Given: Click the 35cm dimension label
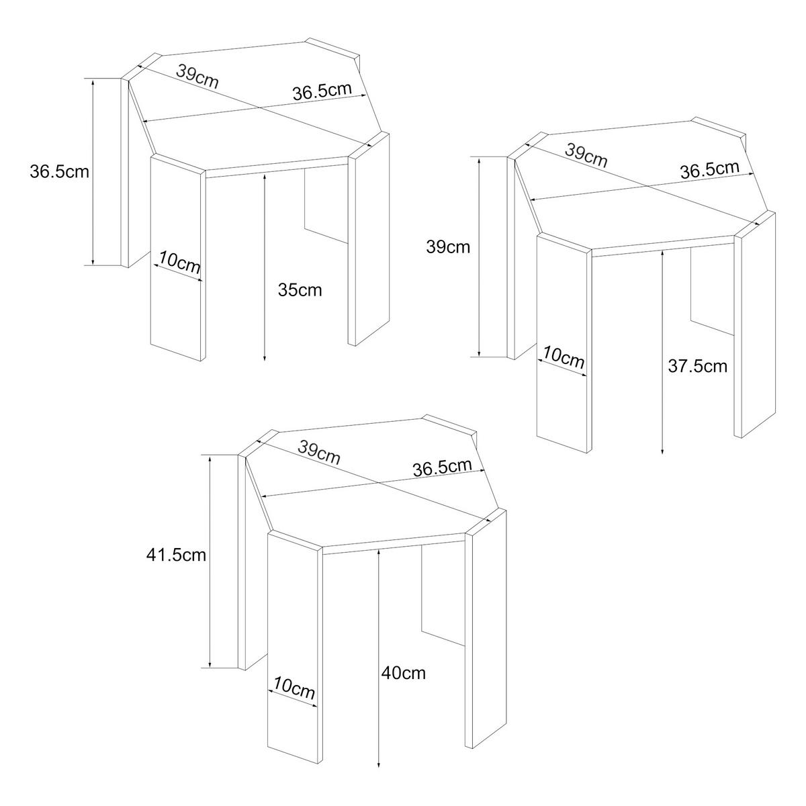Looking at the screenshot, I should [x=300, y=291].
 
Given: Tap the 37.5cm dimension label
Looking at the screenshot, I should [x=698, y=366].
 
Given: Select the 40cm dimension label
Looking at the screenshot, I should [x=403, y=672].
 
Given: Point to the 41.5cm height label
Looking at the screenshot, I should [x=176, y=555].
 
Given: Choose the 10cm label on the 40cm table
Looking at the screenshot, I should [x=295, y=688].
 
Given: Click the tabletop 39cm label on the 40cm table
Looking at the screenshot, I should [x=319, y=454].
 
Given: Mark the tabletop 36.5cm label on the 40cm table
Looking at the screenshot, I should [x=442, y=467].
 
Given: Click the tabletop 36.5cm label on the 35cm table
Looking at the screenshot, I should [x=322, y=91].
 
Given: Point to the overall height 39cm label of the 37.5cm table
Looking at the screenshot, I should [x=449, y=247].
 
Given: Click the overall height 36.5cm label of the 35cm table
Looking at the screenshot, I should [x=59, y=171].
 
